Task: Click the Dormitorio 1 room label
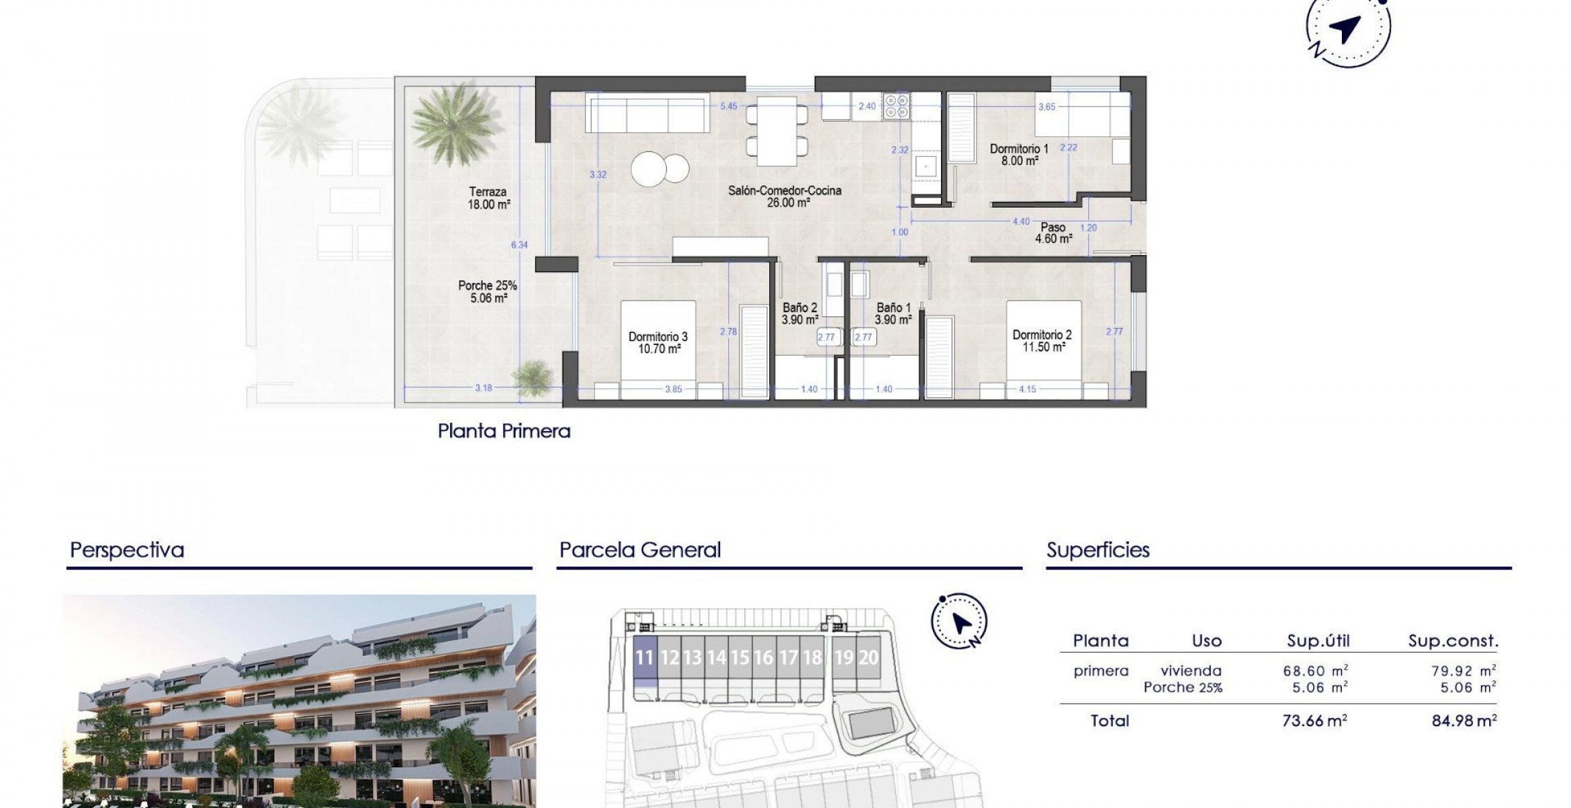1019,155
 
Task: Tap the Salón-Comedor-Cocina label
784,196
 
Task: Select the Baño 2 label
800,314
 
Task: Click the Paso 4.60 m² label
1053,233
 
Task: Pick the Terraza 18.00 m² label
488,198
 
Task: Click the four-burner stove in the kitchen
896,106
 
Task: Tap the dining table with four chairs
777,131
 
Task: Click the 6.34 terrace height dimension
519,245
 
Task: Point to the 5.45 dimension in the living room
728,106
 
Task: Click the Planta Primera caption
504,431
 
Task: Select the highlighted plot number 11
644,658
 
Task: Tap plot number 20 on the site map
868,657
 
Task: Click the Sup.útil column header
1317,641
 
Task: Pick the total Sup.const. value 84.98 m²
1463,721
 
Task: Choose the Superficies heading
1098,550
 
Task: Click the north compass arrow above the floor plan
1345,29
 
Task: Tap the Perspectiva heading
127,550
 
